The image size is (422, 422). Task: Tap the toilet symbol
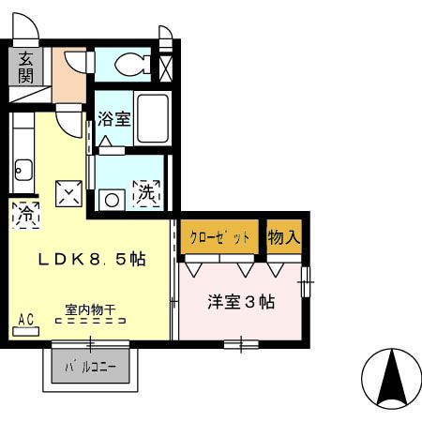(x=132, y=64)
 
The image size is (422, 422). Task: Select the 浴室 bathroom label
(x=113, y=119)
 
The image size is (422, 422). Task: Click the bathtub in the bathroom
(x=152, y=117)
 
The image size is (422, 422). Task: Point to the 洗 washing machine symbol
(x=147, y=194)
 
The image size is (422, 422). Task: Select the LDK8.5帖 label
(x=91, y=260)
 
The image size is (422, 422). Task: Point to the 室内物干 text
(x=90, y=308)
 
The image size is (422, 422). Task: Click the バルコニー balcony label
(x=90, y=367)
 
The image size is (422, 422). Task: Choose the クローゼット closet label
(x=220, y=237)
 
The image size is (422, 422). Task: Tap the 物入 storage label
(x=284, y=237)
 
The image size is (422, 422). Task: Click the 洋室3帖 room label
(x=240, y=302)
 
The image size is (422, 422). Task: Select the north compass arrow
(x=391, y=377)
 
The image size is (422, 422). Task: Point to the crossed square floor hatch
(x=69, y=192)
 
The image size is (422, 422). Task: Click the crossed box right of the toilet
(x=167, y=67)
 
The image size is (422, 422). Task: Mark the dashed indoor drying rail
(x=90, y=321)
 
